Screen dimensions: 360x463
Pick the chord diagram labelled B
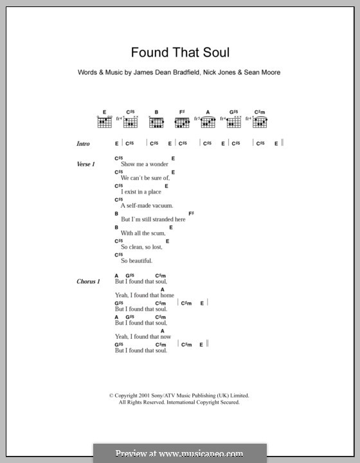[156, 120]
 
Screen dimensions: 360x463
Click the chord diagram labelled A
[208, 120]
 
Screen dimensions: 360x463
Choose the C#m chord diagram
[260, 120]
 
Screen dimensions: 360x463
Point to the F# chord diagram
[182, 120]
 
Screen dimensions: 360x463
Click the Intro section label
[83, 144]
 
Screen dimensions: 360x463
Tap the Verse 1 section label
[85, 165]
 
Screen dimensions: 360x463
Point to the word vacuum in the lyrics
[161, 205]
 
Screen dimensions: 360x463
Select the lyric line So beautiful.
[136, 260]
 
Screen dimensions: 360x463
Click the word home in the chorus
[166, 295]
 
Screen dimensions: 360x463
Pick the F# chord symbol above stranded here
[191, 213]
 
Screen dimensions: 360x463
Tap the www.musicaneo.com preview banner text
[180, 453]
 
